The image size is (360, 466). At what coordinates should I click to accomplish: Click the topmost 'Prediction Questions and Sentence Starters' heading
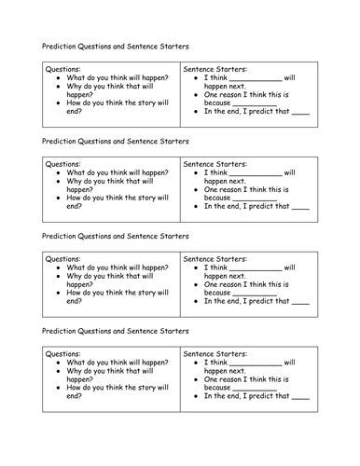[x=115, y=46]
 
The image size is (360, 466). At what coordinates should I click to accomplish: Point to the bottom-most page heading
[x=115, y=330]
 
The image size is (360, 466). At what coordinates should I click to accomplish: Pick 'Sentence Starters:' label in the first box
[x=215, y=69]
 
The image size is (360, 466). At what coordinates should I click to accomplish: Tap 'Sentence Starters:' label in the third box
[x=215, y=257]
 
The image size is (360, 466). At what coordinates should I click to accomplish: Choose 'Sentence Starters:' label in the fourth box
[x=215, y=353]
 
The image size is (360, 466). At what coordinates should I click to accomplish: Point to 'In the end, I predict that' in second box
[x=245, y=207]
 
